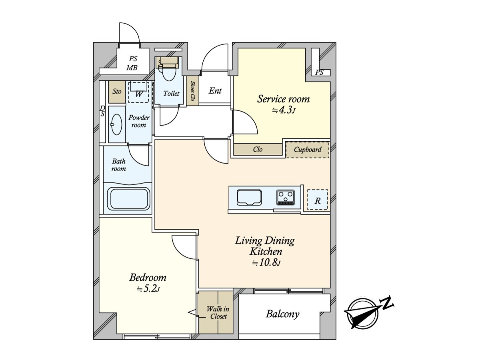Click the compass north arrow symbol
(362, 313)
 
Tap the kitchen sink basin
(249, 197)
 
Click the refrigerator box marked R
(318, 200)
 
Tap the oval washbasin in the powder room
(116, 124)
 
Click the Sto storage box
(117, 92)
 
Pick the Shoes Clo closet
(192, 91)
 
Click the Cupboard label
(307, 150)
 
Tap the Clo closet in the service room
(258, 150)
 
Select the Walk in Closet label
(217, 312)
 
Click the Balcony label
(282, 314)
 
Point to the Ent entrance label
(215, 91)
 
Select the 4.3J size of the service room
(284, 110)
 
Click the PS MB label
(132, 63)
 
